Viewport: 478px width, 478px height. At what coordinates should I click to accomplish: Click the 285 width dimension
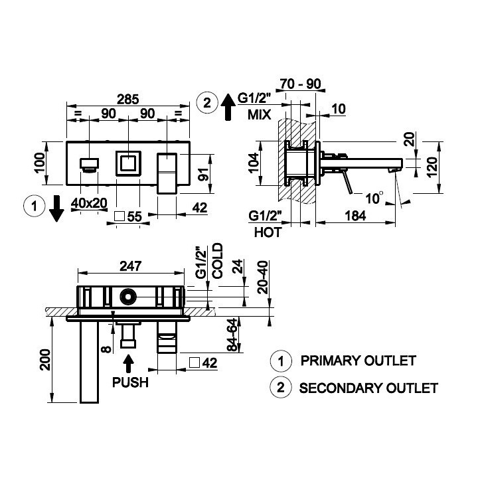[x=128, y=100]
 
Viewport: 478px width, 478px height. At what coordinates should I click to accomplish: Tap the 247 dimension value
[x=131, y=266]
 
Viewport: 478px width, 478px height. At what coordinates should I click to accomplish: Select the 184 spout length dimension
[x=355, y=216]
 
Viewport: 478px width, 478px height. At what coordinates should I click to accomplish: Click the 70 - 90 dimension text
[x=300, y=84]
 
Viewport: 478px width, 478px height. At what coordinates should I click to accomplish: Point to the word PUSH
[x=130, y=382]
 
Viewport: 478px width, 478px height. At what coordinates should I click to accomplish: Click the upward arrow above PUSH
[x=128, y=363]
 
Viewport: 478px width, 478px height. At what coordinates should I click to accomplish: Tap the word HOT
[x=268, y=232]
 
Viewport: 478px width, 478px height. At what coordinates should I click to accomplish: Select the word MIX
[x=259, y=115]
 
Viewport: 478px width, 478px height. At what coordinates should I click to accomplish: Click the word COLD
[x=218, y=261]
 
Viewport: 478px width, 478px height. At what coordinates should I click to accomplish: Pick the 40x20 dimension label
[x=89, y=203]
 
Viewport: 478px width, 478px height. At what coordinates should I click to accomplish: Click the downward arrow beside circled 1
[x=56, y=209]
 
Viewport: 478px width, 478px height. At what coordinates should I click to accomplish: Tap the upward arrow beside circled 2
[x=228, y=107]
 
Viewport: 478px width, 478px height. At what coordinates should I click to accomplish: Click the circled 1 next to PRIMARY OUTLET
[x=281, y=361]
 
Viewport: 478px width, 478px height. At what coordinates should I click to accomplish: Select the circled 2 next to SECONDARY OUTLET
[x=281, y=387]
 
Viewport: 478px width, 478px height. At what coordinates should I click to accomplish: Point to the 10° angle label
[x=374, y=198]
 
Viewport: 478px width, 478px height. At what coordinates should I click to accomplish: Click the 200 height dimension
[x=45, y=360]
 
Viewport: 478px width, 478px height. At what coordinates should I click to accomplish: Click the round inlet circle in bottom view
[x=128, y=297]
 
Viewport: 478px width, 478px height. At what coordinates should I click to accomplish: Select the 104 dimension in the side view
[x=254, y=163]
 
